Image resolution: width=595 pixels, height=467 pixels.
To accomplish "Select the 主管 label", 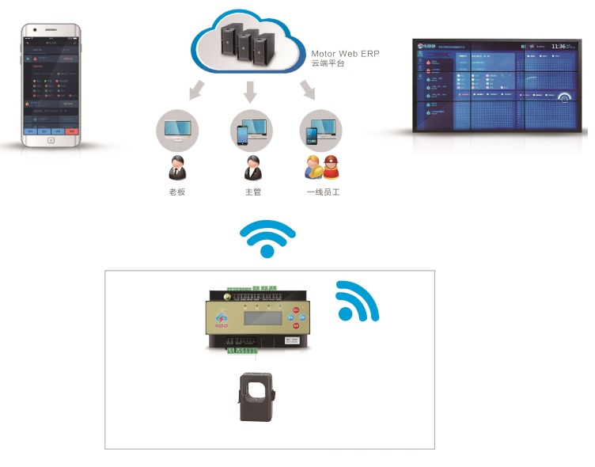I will [252, 192].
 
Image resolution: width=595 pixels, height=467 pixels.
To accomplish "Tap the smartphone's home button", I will [51, 140].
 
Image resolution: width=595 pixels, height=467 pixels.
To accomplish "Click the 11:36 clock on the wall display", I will [559, 47].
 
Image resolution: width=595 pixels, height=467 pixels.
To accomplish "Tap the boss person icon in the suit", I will [176, 169].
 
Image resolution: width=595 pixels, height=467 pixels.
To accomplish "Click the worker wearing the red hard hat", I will [330, 168].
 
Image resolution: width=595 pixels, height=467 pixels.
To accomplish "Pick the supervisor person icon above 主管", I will [252, 169].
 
